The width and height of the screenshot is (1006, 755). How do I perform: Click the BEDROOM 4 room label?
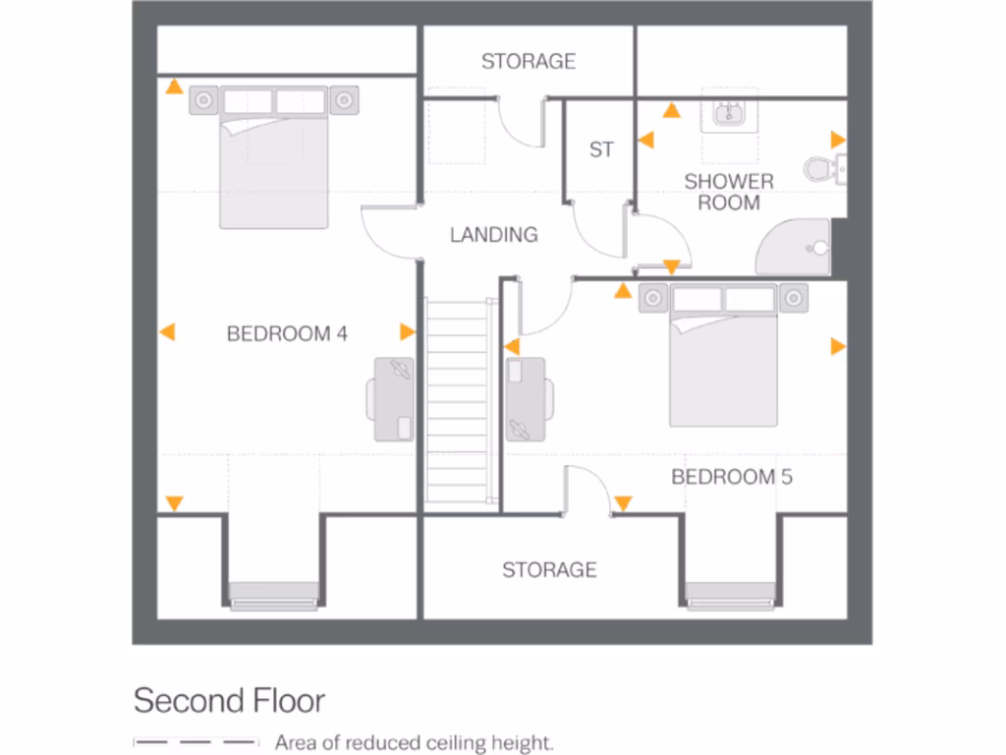click(287, 334)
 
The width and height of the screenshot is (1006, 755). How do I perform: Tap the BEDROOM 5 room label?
click(732, 477)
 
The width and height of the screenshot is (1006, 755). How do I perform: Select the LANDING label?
click(494, 235)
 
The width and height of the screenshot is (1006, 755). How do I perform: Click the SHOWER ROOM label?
click(729, 192)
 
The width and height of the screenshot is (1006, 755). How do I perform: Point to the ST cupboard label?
click(601, 149)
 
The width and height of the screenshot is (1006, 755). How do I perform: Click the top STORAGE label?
click(529, 62)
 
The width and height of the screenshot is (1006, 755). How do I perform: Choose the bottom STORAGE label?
click(549, 570)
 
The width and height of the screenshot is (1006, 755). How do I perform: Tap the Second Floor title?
click(229, 701)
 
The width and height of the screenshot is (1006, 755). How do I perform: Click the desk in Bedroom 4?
click(395, 397)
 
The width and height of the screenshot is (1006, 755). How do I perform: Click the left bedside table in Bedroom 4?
click(204, 99)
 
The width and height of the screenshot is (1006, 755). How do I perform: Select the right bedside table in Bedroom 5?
click(793, 297)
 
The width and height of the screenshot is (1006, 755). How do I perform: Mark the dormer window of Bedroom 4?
click(274, 594)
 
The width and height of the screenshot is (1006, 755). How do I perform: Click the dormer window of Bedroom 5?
click(731, 594)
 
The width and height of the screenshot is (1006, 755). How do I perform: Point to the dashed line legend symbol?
click(196, 742)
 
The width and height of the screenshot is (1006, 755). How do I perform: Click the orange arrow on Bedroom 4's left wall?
click(168, 332)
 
